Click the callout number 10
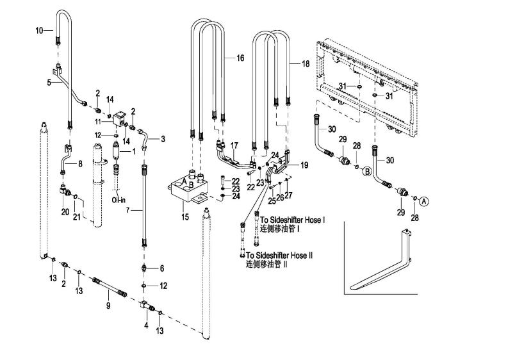(x=39, y=31)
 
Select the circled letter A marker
(x=423, y=201)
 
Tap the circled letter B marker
(x=367, y=172)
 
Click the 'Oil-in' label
(x=119, y=200)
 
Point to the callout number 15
(x=184, y=217)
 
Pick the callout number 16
(x=240, y=58)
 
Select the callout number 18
(x=306, y=63)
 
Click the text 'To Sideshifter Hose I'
(x=293, y=220)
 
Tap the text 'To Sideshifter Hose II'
(x=279, y=256)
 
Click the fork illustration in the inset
(x=381, y=259)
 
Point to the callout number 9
(x=108, y=305)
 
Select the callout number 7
(x=127, y=210)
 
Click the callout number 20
(x=65, y=211)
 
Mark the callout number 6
(x=162, y=268)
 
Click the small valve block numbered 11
(x=119, y=119)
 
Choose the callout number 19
(x=304, y=165)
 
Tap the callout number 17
(x=234, y=146)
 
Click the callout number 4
(x=146, y=325)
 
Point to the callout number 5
(x=49, y=83)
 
